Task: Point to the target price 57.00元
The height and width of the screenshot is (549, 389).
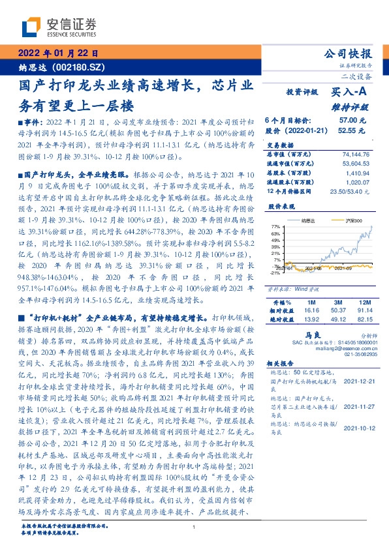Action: [x=352, y=121]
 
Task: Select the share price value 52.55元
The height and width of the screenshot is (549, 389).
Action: [x=352, y=130]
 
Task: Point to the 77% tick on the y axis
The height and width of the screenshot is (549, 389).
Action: [x=276, y=226]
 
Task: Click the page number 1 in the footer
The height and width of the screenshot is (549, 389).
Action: [x=194, y=527]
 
